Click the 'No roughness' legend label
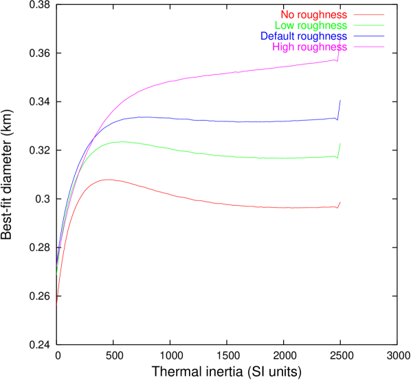pyautogui.click(x=313, y=14)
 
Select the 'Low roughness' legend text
pyautogui.click(x=310, y=25)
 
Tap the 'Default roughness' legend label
pyautogui.click(x=303, y=36)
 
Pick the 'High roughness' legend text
pyautogui.click(x=309, y=47)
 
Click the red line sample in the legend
pyautogui.click(x=369, y=14)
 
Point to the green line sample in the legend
pyautogui.click(x=369, y=25)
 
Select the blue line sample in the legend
pyautogui.click(x=369, y=36)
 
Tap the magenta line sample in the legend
pyautogui.click(x=369, y=47)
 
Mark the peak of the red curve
pyautogui.click(x=107, y=180)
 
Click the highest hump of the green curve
pyautogui.click(x=121, y=142)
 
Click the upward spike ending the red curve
pyautogui.click(x=340, y=203)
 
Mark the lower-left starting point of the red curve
pyautogui.click(x=56, y=304)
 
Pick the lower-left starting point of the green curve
pyautogui.click(x=56, y=275)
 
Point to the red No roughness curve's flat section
pyautogui.click(x=275, y=207)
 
